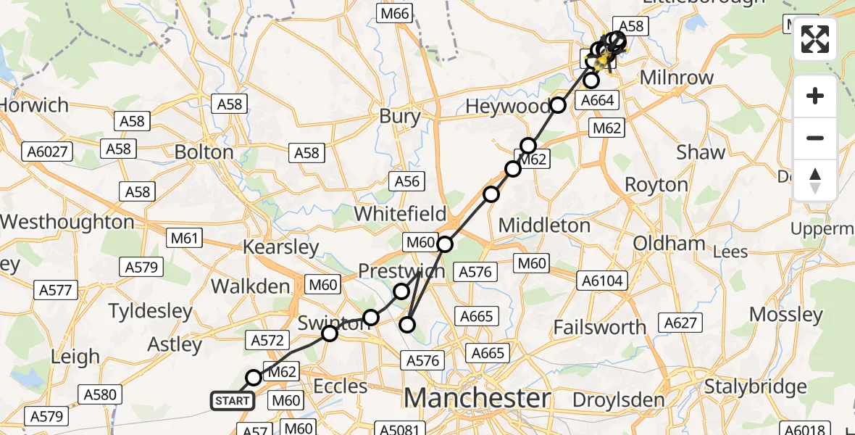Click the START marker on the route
point(233,400)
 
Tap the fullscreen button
point(815,39)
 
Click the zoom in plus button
point(815,96)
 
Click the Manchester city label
point(477,398)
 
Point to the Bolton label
point(204,152)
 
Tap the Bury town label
point(399,116)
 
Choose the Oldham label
point(669,243)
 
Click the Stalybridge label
point(756,386)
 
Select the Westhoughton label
point(67,222)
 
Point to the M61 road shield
point(185,237)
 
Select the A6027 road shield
point(47,152)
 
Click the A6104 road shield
point(602,281)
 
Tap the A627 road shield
point(680,322)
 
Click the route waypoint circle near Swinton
point(330,333)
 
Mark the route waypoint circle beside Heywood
point(558,105)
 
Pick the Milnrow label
point(676,78)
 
